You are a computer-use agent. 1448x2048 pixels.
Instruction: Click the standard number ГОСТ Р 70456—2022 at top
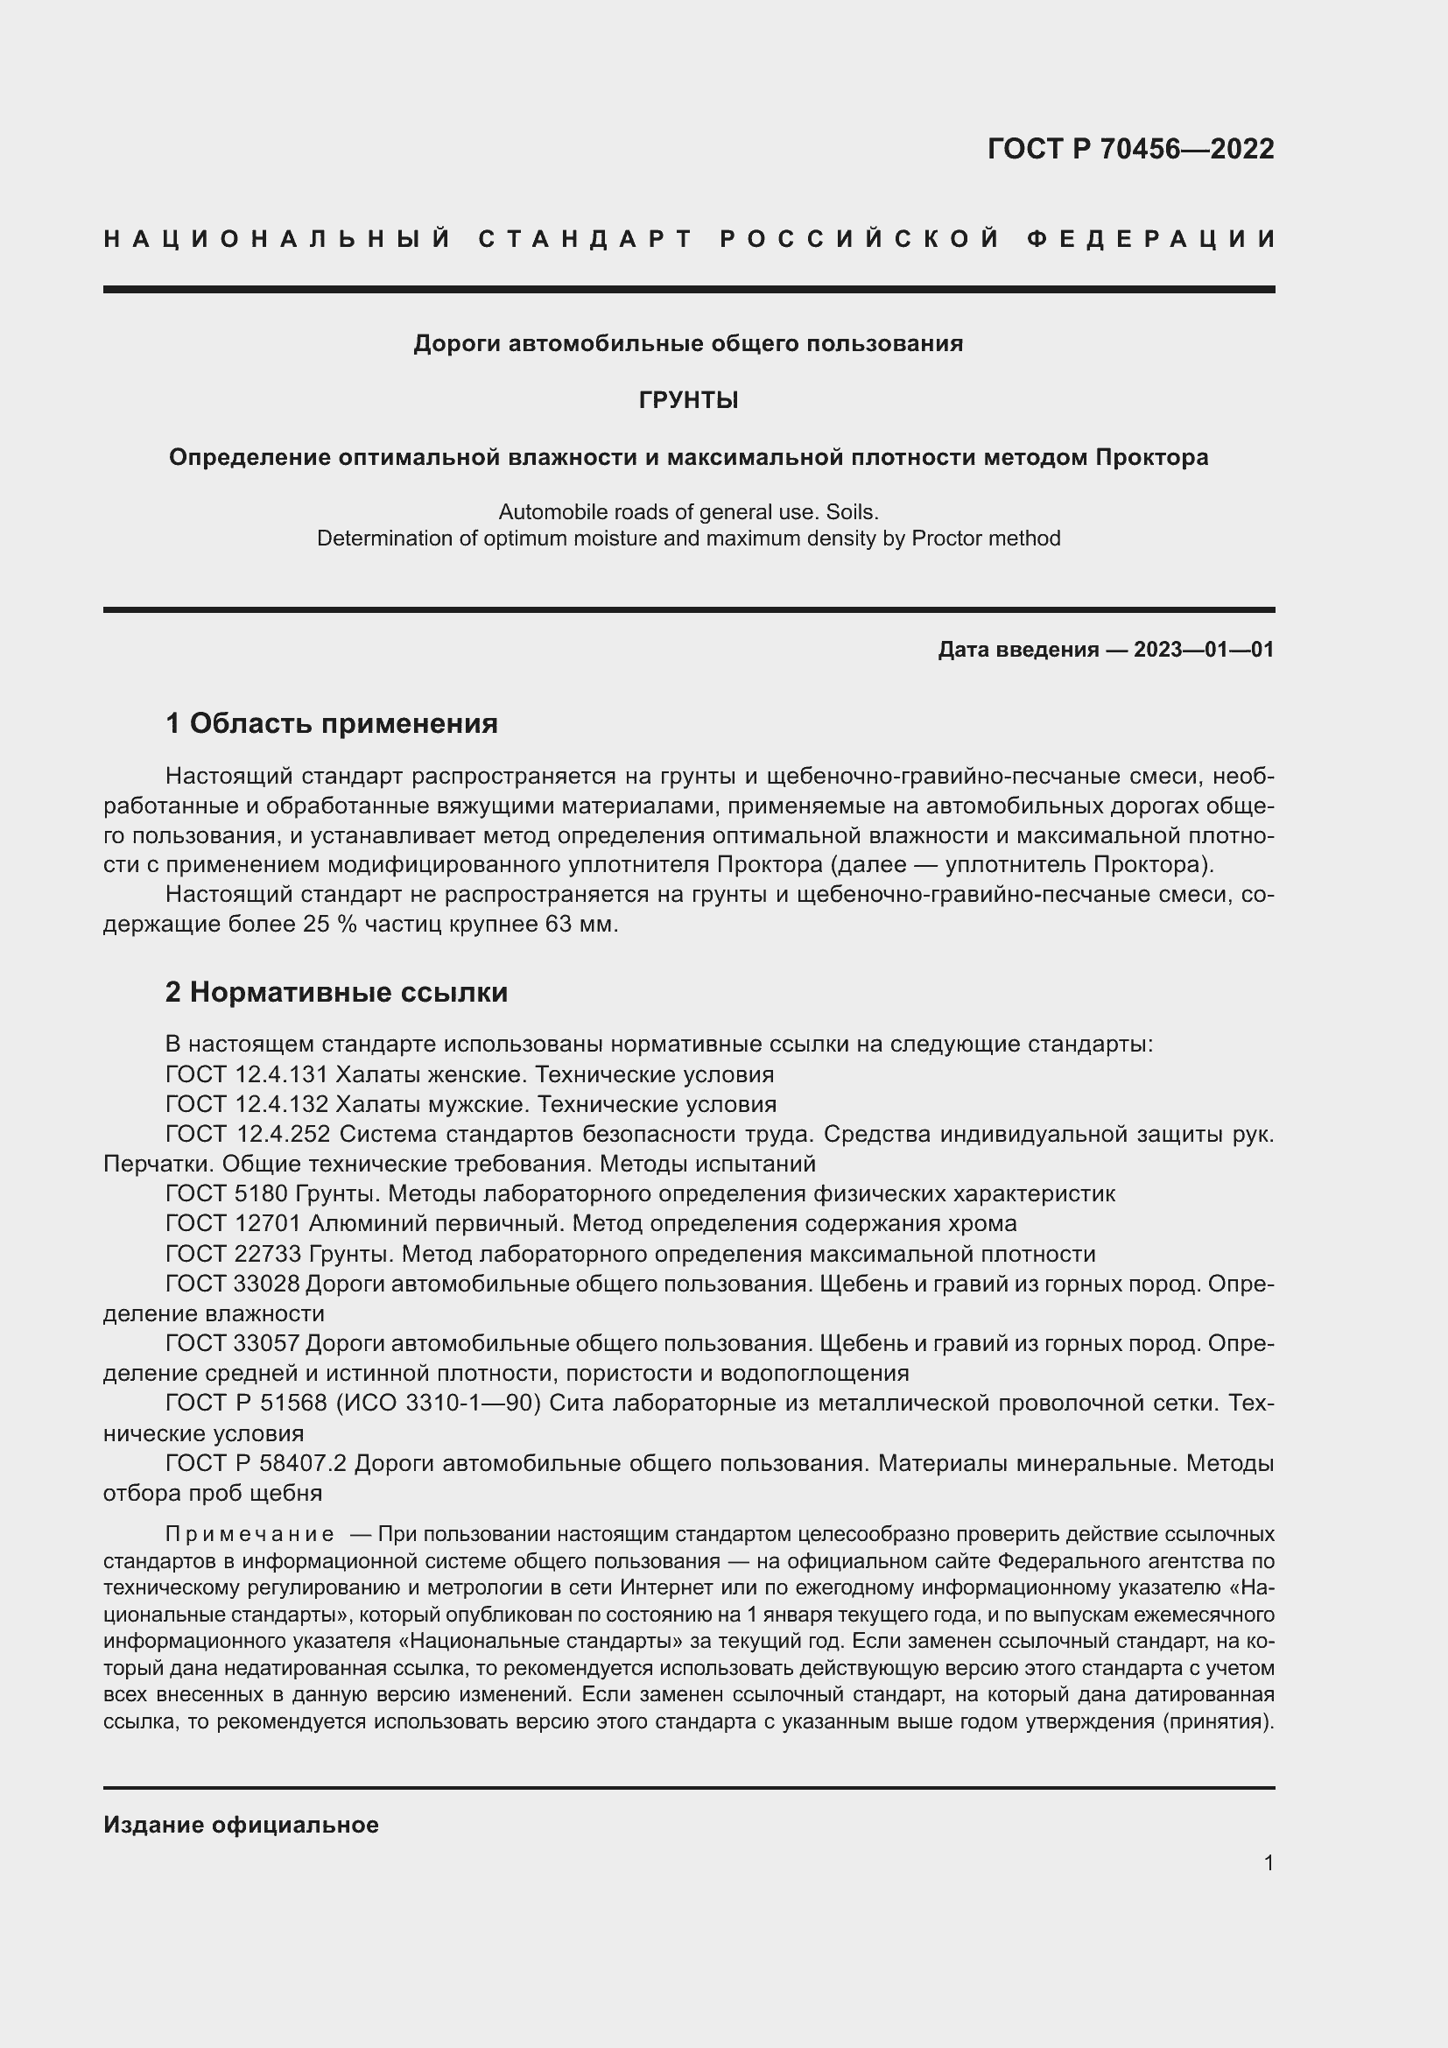click(x=1130, y=149)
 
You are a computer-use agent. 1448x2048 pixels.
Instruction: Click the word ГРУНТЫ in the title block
click(x=688, y=400)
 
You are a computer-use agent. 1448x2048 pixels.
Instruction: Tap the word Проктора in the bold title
click(x=1152, y=458)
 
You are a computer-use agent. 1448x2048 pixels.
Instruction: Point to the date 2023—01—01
click(x=1204, y=650)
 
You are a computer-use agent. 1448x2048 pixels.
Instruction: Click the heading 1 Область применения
click(x=332, y=723)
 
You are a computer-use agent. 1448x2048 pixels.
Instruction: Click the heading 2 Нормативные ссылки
click(x=336, y=993)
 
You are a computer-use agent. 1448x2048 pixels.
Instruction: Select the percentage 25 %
click(x=330, y=924)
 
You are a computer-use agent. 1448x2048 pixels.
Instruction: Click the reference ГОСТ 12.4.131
click(x=247, y=1075)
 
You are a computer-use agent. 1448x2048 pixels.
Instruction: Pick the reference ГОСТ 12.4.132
click(x=247, y=1104)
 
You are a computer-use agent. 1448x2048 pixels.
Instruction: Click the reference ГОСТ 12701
click(x=234, y=1224)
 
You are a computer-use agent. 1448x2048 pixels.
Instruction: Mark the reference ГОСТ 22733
click(x=234, y=1254)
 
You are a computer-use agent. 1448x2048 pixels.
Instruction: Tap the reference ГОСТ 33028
click(x=234, y=1284)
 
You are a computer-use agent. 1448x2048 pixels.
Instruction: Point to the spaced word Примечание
click(x=250, y=1535)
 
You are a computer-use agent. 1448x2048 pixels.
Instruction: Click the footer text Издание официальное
click(x=241, y=1825)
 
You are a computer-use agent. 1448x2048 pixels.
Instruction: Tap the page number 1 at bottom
click(x=1269, y=1862)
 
